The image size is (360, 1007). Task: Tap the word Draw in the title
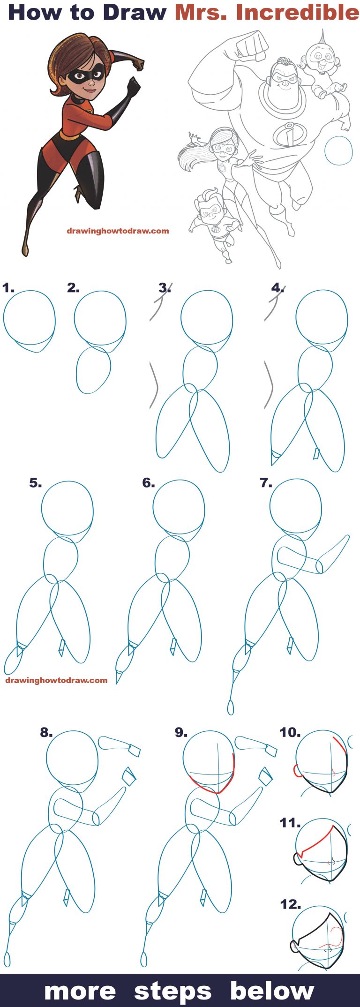point(135,12)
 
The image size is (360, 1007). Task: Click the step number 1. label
point(8,287)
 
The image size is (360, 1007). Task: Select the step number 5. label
point(36,482)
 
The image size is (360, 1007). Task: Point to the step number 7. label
point(266,482)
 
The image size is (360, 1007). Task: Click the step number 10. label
point(290,732)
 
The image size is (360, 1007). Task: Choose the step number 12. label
point(290,904)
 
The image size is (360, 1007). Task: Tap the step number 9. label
point(181,732)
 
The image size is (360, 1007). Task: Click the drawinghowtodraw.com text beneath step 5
point(56,680)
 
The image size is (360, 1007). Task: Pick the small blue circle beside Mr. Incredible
point(338,150)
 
